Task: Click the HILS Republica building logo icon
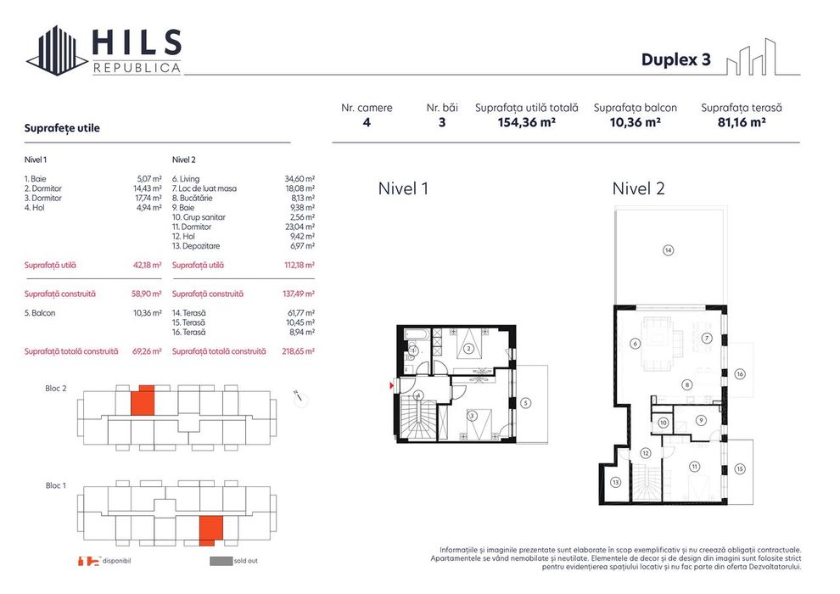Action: pos(58,50)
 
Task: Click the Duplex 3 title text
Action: pos(675,60)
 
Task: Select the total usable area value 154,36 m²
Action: pos(526,122)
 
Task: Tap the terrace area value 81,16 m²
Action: pos(741,122)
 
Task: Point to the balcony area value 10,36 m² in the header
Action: pos(635,122)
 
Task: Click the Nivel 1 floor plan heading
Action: pos(403,188)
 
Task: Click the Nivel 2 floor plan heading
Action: pos(638,188)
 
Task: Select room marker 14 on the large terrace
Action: pos(668,249)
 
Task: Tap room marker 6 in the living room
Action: pos(635,344)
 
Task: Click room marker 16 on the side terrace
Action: pos(740,373)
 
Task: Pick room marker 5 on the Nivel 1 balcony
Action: pos(526,402)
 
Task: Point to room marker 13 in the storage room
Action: pos(615,482)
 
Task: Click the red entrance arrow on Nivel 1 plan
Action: pos(391,386)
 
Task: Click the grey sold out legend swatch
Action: pos(221,561)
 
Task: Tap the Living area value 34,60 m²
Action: pos(300,179)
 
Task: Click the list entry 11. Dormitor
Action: pos(192,227)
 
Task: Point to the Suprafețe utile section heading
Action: pos(63,128)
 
